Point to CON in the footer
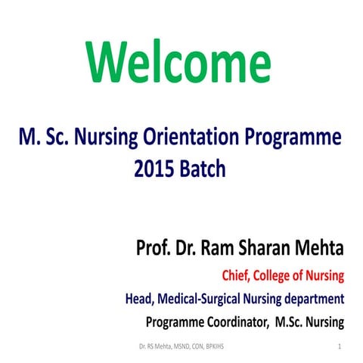click(191, 346)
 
